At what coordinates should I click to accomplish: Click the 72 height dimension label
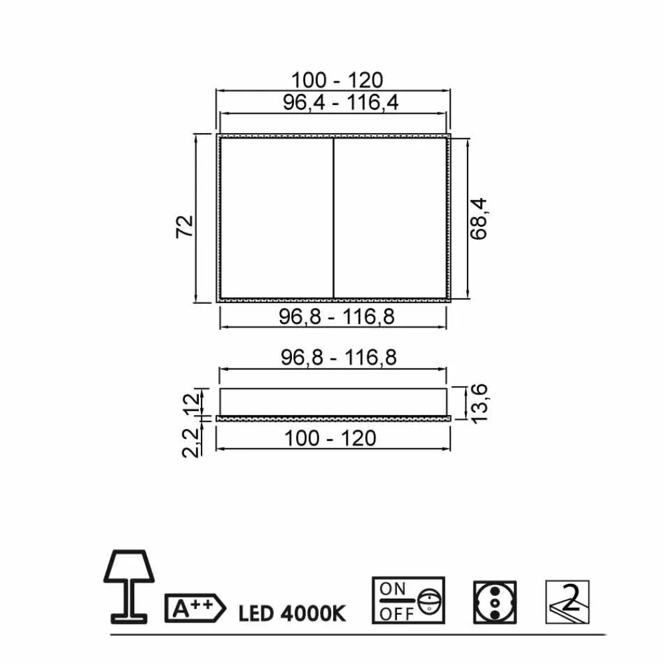(184, 227)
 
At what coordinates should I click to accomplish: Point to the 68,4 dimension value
(479, 219)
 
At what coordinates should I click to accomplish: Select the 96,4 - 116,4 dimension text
(340, 102)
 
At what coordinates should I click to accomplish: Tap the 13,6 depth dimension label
(479, 404)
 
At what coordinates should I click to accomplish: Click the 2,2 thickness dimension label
(190, 443)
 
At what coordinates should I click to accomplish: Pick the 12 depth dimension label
(191, 404)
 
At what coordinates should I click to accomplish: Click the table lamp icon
(129, 587)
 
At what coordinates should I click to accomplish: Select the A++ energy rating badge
(195, 608)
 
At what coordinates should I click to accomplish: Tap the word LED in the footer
(255, 614)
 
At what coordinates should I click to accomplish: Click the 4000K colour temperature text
(313, 614)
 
